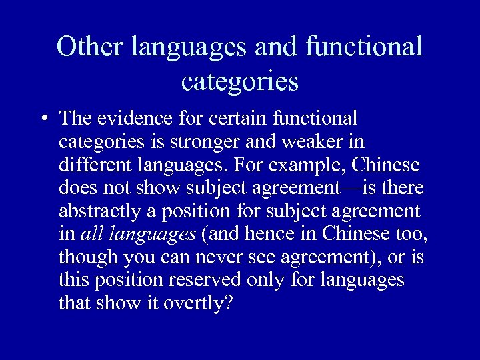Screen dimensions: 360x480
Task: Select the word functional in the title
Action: point(364,47)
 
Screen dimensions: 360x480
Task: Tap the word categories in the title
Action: point(239,82)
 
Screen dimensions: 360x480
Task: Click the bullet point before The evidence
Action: point(43,119)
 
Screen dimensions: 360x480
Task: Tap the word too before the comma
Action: point(413,235)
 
